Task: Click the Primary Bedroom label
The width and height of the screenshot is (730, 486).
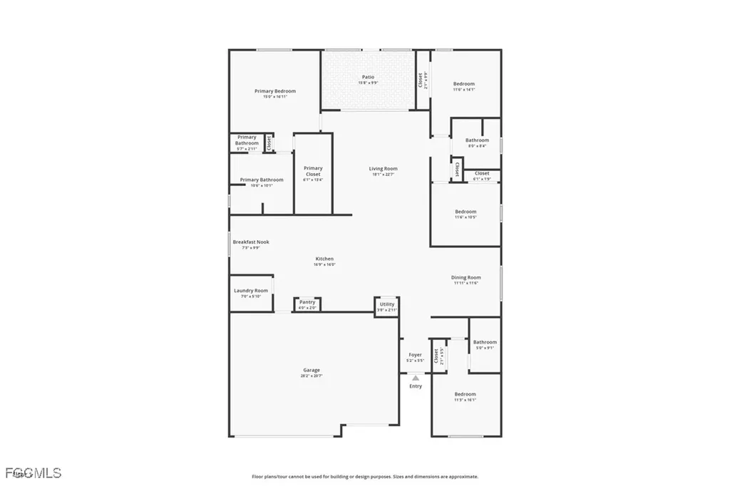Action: tap(275, 91)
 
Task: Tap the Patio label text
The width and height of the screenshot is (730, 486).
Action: tap(368, 77)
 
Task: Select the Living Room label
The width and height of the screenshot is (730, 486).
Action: tap(383, 169)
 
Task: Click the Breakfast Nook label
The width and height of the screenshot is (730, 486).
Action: tap(250, 242)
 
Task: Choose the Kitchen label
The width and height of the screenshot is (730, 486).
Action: tap(324, 259)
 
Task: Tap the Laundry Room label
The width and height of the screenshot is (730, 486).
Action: tap(251, 291)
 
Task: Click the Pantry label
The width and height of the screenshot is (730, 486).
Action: tap(307, 302)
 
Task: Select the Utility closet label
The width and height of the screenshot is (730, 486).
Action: tap(387, 304)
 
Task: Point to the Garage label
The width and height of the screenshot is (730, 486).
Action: tap(312, 370)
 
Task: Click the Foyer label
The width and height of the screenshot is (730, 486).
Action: tap(415, 355)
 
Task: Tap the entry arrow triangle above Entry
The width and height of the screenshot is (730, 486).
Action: tap(416, 378)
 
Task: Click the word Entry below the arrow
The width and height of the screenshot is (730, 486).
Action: tap(416, 386)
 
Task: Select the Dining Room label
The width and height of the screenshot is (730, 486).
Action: tap(466, 278)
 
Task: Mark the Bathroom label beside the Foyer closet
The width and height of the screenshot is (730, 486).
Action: tap(485, 342)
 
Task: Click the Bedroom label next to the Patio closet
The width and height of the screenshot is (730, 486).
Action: tap(464, 84)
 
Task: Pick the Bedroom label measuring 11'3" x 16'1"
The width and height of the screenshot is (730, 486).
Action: tap(466, 394)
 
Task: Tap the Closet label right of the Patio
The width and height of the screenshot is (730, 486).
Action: tap(420, 81)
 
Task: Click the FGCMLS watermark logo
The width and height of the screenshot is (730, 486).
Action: tap(33, 472)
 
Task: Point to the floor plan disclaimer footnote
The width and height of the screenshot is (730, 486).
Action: tap(364, 477)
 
